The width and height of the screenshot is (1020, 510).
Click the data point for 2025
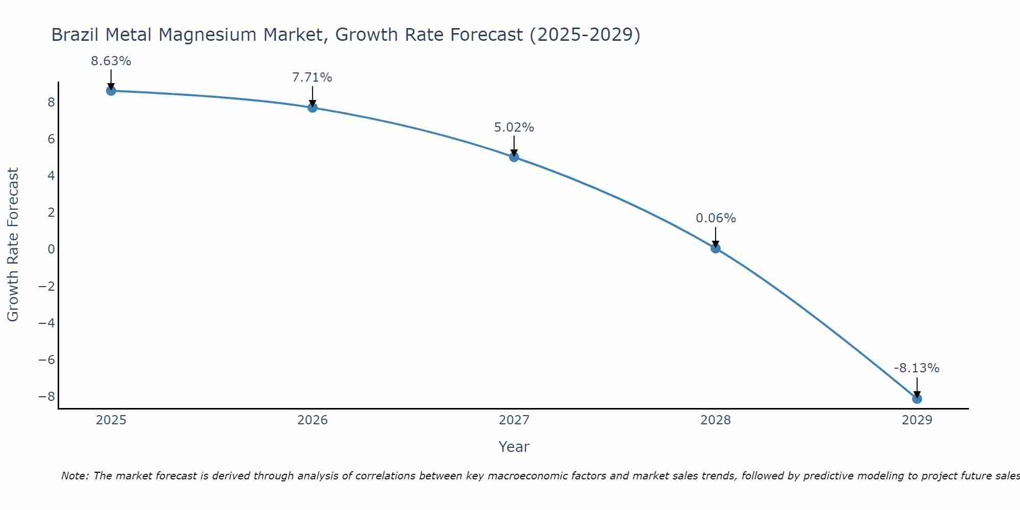coord(111,91)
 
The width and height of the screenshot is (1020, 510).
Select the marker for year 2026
coord(312,108)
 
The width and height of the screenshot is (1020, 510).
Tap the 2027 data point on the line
coord(514,157)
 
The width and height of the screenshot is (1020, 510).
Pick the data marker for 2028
coord(715,248)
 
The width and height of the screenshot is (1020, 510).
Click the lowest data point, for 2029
coord(916,399)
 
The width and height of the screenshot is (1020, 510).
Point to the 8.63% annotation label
coord(111,61)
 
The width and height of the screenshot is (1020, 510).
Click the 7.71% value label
coord(312,78)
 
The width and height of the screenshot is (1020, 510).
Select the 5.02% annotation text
coord(514,127)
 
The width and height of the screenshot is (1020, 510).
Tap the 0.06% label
coord(716,218)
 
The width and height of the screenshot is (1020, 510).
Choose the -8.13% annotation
coord(916,368)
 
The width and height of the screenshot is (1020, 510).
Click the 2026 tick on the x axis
coord(312,420)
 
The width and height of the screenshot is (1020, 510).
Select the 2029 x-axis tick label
coord(916,420)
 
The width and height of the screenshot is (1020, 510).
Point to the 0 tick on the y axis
coord(51,249)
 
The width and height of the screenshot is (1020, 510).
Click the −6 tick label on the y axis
coord(47,360)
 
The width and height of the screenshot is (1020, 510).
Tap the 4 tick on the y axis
coord(51,176)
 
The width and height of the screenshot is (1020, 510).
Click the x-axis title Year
coord(514,447)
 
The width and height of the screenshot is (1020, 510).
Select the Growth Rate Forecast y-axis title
coord(13,245)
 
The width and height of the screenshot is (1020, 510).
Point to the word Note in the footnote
coord(74,476)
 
